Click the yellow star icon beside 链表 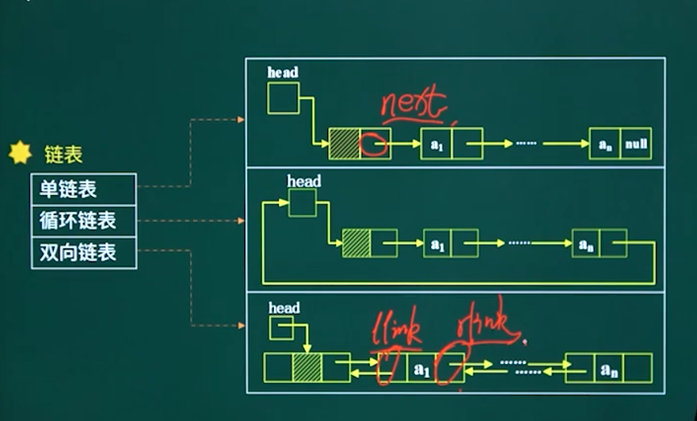coord(20,153)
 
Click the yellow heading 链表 coord(63,155)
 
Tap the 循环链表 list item coord(77,220)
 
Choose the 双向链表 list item coord(77,252)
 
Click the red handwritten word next coord(413,105)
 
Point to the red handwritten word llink coord(398,333)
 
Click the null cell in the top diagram coord(636,144)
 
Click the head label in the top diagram coord(283,73)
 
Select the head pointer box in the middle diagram coord(302,202)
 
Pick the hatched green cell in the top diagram coord(345,144)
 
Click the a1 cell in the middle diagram coord(437,243)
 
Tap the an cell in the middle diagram coord(586,243)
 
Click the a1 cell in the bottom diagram coord(422,369)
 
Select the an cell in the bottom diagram coord(608,369)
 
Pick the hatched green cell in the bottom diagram coord(307,368)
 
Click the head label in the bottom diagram coord(284,308)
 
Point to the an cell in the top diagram coord(604,144)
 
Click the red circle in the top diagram coord(374,144)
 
